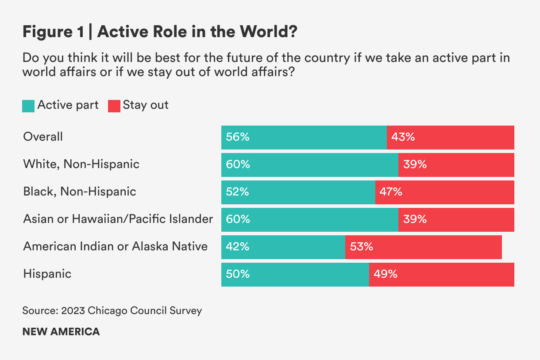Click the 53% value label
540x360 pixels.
coord(362,247)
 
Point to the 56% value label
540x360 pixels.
coord(238,137)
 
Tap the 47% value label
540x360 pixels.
coord(391,192)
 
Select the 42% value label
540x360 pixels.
coord(238,247)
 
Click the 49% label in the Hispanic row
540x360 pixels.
coord(385,274)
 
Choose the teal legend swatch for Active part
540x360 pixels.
coord(28,106)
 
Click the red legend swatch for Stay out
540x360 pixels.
coord(114,106)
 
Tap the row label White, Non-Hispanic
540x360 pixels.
coord(81,165)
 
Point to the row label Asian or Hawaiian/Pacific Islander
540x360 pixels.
coord(118,219)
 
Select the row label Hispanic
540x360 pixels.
coord(47,274)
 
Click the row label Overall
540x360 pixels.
coord(43,137)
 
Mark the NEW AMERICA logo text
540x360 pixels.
coord(61,332)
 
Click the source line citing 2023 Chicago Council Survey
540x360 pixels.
coord(112,310)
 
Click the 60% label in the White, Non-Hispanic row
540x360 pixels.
coord(238,165)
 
